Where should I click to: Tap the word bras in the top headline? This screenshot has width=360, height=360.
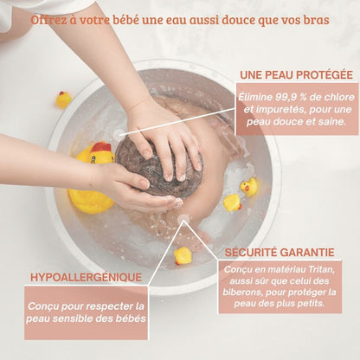318,20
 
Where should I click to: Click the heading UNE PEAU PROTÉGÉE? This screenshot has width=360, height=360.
296,75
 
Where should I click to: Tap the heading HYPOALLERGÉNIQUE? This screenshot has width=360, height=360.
86,278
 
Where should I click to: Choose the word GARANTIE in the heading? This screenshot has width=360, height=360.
307,253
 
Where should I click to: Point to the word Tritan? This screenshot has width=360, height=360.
321,270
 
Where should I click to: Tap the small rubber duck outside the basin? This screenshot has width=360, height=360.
63,100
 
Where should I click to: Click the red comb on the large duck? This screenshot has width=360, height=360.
100,147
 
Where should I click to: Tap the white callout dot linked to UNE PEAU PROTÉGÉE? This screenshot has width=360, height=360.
119,134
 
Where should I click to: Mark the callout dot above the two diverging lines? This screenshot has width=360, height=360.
183,218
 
